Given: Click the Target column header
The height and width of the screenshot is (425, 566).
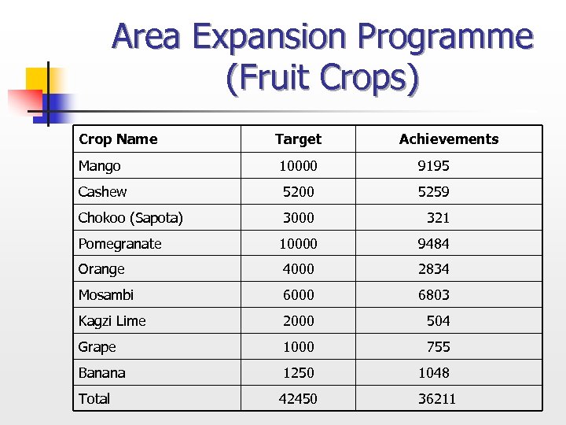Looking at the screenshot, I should click(x=298, y=139).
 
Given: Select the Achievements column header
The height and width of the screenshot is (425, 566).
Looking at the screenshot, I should click(x=448, y=139).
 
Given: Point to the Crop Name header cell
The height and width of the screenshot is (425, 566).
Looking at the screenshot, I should click(x=118, y=139).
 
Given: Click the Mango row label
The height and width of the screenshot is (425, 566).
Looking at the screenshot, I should click(x=100, y=166).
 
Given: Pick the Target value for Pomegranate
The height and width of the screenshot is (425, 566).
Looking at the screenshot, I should click(x=298, y=244).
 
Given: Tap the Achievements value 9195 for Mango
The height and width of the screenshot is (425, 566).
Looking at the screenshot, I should click(x=433, y=166).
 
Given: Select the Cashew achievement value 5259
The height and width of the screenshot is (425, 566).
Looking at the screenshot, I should click(x=433, y=192).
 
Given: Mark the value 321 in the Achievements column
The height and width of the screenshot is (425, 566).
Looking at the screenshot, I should click(x=438, y=218).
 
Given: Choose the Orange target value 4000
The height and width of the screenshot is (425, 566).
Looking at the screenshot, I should click(x=298, y=269).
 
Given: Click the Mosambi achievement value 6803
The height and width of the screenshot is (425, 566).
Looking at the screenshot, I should click(x=433, y=295).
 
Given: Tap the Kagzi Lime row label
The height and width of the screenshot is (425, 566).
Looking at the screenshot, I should click(x=112, y=321).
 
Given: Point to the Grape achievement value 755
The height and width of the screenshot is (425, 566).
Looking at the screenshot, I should click(x=438, y=347).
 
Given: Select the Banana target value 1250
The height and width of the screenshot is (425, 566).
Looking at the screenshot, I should click(x=298, y=373).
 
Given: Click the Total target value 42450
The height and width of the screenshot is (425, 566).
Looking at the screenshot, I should click(x=298, y=399).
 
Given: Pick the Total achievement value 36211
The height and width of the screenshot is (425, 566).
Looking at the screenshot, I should click(x=436, y=399).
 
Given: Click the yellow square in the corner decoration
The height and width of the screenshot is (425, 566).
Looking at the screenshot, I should click(x=37, y=79).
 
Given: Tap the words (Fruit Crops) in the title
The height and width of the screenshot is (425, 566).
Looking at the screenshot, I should click(x=322, y=79).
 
